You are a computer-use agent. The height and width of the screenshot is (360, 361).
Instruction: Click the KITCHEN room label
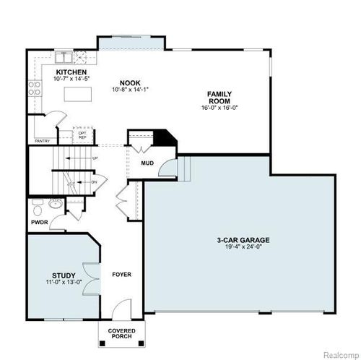[x=72, y=73]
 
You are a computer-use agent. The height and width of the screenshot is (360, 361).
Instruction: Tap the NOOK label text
[x=131, y=83]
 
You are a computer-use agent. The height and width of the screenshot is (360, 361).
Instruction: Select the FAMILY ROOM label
[x=219, y=98]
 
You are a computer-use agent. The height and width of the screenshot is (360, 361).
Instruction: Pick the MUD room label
[x=147, y=163]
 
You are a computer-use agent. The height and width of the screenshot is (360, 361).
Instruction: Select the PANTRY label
[x=43, y=141]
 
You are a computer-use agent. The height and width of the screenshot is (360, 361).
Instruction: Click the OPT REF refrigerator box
[x=83, y=135]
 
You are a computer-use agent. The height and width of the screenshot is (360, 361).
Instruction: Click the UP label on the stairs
[x=95, y=157]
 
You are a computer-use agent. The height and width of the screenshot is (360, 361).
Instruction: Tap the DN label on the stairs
[x=95, y=182]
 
